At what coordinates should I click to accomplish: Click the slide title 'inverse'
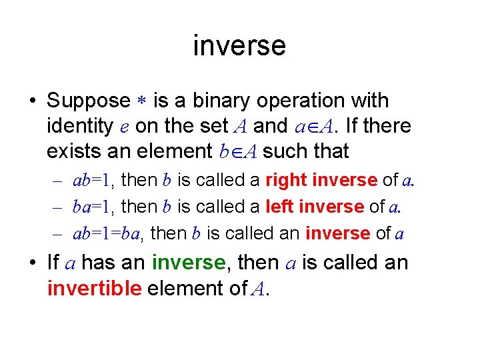pyautogui.click(x=239, y=45)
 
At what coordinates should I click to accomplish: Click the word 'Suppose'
pyautogui.click(x=89, y=101)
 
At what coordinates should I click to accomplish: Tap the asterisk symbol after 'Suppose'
pyautogui.click(x=142, y=101)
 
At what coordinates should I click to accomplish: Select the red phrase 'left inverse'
pyautogui.click(x=313, y=207)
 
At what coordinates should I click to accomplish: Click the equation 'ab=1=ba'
pyautogui.click(x=110, y=234)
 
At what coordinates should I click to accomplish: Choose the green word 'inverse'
pyautogui.click(x=188, y=263)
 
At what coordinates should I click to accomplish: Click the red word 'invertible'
pyautogui.click(x=94, y=288)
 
